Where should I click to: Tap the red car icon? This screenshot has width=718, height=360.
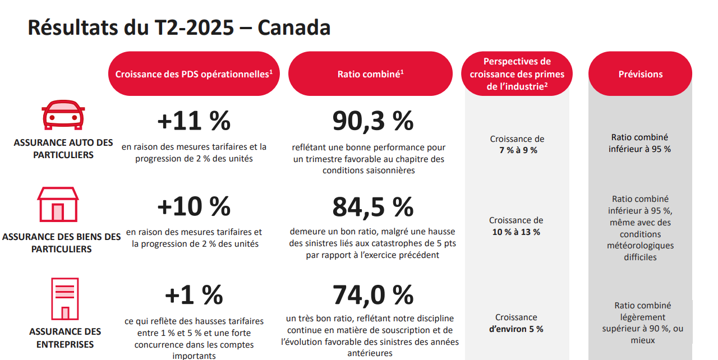(63, 116)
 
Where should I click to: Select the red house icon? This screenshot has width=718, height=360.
(58, 204)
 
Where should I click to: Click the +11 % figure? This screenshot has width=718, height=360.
(194, 121)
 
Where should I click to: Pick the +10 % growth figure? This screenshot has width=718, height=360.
(194, 206)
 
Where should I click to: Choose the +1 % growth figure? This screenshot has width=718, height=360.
(194, 295)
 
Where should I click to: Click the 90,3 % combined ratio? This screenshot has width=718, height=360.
(373, 121)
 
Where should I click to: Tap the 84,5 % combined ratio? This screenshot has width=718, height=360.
(373, 206)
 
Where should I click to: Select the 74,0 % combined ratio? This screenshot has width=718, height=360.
(373, 295)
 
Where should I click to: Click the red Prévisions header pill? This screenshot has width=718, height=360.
(640, 74)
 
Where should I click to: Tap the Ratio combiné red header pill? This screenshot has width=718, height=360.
(370, 73)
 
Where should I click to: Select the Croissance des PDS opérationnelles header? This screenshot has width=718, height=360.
(194, 73)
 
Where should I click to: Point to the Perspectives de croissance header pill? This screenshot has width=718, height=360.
(517, 73)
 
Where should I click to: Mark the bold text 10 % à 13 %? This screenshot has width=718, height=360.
(516, 232)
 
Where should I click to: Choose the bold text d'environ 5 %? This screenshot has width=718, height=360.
(516, 329)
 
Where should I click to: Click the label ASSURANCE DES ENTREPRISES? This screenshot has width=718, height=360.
(65, 338)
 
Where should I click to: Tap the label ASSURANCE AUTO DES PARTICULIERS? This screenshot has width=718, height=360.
(63, 149)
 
